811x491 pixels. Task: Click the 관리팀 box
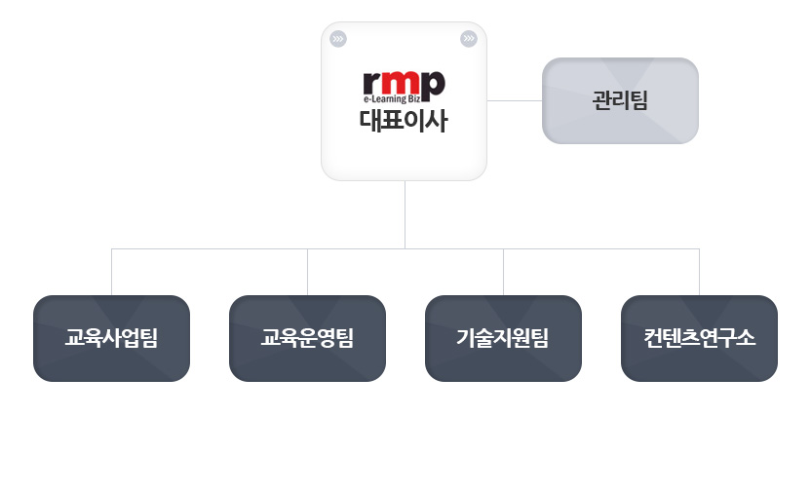pos(620,100)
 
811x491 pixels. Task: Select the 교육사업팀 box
pos(112,338)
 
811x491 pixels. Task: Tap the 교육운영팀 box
pos(308,338)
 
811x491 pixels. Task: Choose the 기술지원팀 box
pos(503,338)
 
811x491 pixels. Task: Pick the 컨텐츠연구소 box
pos(699,338)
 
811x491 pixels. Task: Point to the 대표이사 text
pos(404,121)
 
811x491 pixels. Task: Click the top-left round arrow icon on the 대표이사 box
pos(338,39)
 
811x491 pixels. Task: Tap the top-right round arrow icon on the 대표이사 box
pos(469,39)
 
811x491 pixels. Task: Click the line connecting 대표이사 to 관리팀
pos(515,100)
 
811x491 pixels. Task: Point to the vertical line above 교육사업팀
pos(112,272)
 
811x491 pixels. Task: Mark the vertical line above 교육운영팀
pos(308,272)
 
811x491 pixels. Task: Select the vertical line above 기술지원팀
pos(503,272)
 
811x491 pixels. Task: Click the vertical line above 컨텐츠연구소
pos(699,272)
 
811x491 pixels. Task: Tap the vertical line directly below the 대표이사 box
pos(405,214)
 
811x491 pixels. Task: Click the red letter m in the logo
pos(401,83)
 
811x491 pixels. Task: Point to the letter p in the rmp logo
pos(434,87)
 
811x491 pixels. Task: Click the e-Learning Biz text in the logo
pos(392,98)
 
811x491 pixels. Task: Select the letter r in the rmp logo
pos(372,83)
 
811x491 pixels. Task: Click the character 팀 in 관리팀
pos(638,99)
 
